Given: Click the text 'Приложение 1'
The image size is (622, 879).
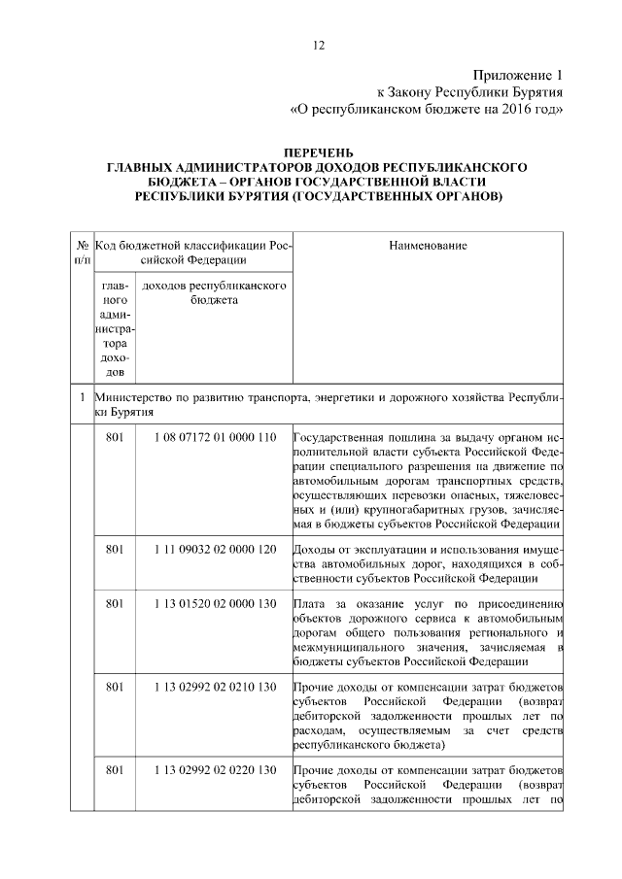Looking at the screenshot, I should click(518, 75).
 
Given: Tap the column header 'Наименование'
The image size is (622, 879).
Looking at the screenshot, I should click(428, 246).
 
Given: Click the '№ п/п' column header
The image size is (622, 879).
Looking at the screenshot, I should click(83, 253).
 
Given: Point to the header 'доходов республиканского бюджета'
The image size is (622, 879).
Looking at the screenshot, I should click(213, 295).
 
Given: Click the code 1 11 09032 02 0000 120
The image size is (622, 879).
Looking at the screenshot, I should click(214, 550).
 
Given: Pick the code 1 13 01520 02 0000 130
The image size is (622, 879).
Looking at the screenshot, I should click(214, 605).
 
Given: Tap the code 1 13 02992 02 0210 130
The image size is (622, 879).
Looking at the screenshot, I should click(214, 689).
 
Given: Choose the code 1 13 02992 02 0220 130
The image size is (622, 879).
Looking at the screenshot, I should click(214, 771).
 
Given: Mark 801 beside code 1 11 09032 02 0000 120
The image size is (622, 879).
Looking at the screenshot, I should click(116, 550).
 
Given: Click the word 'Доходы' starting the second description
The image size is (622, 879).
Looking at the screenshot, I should click(313, 550).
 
